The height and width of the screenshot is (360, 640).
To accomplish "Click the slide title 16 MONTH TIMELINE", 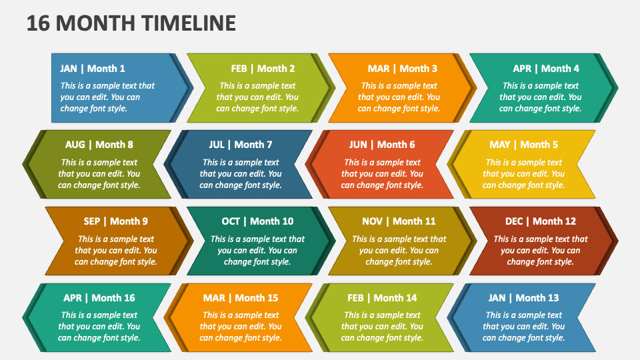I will tap(131, 23).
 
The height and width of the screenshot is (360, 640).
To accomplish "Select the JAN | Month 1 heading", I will tap(92, 68).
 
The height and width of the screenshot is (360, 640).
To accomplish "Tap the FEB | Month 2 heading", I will tap(263, 68).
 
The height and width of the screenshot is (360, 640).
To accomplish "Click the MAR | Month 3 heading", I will tap(403, 68).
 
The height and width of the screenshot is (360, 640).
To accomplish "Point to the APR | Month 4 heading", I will tap(546, 68).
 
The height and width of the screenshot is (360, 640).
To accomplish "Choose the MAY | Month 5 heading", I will tap(524, 145).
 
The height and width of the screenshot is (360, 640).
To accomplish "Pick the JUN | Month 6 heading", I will tap(382, 145).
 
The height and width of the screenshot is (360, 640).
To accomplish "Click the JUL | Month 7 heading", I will tap(240, 145).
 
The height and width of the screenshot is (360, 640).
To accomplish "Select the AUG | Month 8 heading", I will tap(99, 145).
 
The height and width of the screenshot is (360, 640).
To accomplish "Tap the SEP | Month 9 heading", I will tap(116, 221).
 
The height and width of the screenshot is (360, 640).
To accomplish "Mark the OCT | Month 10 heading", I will tap(257, 221).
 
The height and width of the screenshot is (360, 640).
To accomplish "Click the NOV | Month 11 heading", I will tap(399, 221).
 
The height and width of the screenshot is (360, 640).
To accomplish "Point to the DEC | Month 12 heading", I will tap(540, 221).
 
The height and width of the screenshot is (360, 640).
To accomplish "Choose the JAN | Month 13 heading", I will tap(523, 298).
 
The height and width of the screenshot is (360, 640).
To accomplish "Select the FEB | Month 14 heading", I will tap(382, 298).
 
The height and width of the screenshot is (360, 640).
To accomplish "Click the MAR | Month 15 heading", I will tap(241, 298).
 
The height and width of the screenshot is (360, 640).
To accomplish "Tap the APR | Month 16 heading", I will tap(99, 298).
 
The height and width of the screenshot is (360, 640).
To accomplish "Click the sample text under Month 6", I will tap(382, 173).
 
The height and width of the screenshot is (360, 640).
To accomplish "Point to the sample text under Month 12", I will tap(540, 250).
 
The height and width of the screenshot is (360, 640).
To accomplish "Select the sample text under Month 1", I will tap(107, 97).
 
